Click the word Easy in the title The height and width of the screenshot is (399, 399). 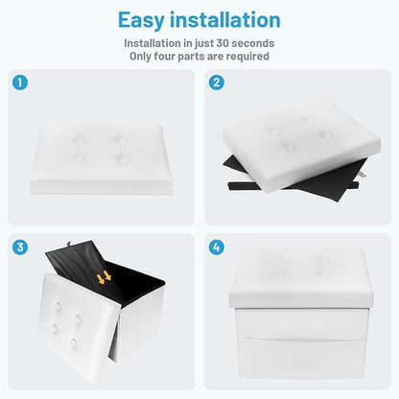click(x=141, y=21)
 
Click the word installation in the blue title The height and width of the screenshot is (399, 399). click(x=225, y=20)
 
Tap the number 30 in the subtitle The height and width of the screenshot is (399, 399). click(x=223, y=43)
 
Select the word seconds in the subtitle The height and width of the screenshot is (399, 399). click(x=253, y=43)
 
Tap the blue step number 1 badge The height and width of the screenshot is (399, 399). click(x=20, y=82)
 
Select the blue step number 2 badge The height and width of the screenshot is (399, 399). click(x=216, y=82)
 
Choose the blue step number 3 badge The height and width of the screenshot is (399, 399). click(x=20, y=247)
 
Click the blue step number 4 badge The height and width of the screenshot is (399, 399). click(x=216, y=247)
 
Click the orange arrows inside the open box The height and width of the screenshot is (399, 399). click(x=104, y=277)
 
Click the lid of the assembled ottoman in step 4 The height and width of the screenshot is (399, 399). click(x=301, y=277)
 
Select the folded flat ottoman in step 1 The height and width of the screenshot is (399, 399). click(x=102, y=159)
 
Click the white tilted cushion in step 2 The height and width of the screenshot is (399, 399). click(x=301, y=145)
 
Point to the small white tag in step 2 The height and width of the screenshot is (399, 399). click(x=363, y=175)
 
